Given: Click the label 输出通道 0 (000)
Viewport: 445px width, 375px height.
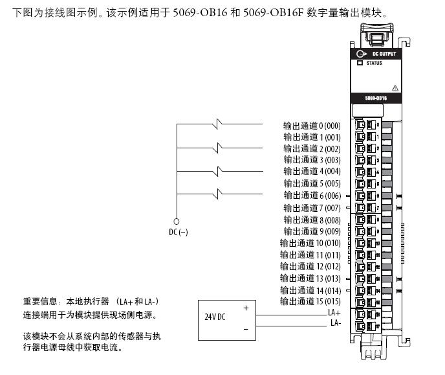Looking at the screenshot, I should tap(311, 125).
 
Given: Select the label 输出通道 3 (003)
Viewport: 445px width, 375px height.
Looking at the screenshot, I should tap(311, 160).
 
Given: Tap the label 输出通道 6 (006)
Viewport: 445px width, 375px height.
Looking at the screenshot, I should tap(311, 196).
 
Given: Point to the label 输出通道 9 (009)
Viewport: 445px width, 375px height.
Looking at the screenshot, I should tap(311, 231).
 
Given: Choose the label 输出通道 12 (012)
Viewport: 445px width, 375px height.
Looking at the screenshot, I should tap(310, 266).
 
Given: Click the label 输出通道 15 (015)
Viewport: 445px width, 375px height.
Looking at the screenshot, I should tap(310, 302).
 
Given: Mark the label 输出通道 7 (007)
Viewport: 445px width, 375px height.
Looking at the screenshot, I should tap(311, 208).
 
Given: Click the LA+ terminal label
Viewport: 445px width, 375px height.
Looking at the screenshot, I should tap(334, 312).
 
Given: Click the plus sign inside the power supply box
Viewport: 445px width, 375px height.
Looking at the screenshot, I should tap(246, 308).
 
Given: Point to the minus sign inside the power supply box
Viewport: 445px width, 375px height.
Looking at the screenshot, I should tap(246, 329).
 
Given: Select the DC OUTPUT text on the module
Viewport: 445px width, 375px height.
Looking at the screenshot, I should tap(384, 54).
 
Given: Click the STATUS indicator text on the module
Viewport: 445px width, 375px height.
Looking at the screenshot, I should tap(374, 63).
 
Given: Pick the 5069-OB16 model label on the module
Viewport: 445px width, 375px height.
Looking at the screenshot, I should tap(376, 98).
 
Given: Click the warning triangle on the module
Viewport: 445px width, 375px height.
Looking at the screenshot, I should tap(395, 87).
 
